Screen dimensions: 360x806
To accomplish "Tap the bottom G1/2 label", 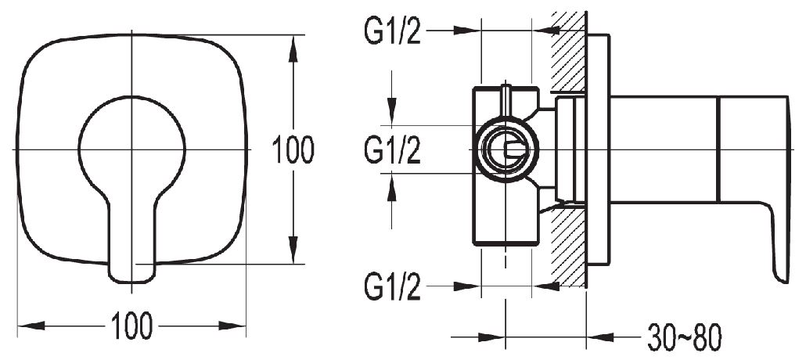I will pyautogui.click(x=393, y=288).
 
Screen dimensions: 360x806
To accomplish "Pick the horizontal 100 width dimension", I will pyautogui.click(x=131, y=325).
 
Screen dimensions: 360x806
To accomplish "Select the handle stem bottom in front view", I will pyautogui.click(x=132, y=270).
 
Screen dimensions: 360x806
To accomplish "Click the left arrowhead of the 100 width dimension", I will pyautogui.click(x=28, y=324).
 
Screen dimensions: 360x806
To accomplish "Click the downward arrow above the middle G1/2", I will pyautogui.click(x=392, y=110).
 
